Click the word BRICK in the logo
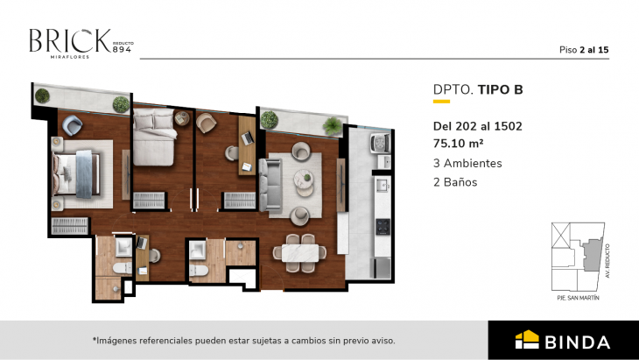pyautogui.click(x=69, y=40)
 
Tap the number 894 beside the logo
pyautogui.click(x=123, y=47)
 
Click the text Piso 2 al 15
pyautogui.click(x=584, y=49)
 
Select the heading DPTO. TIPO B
pyautogui.click(x=478, y=88)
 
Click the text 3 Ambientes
pyautogui.click(x=467, y=163)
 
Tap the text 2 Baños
pyautogui.click(x=455, y=182)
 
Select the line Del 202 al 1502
pyautogui.click(x=477, y=125)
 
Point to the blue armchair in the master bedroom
pyautogui.click(x=73, y=128)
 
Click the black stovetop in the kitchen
pyautogui.click(x=382, y=226)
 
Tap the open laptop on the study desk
pyautogui.click(x=247, y=138)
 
